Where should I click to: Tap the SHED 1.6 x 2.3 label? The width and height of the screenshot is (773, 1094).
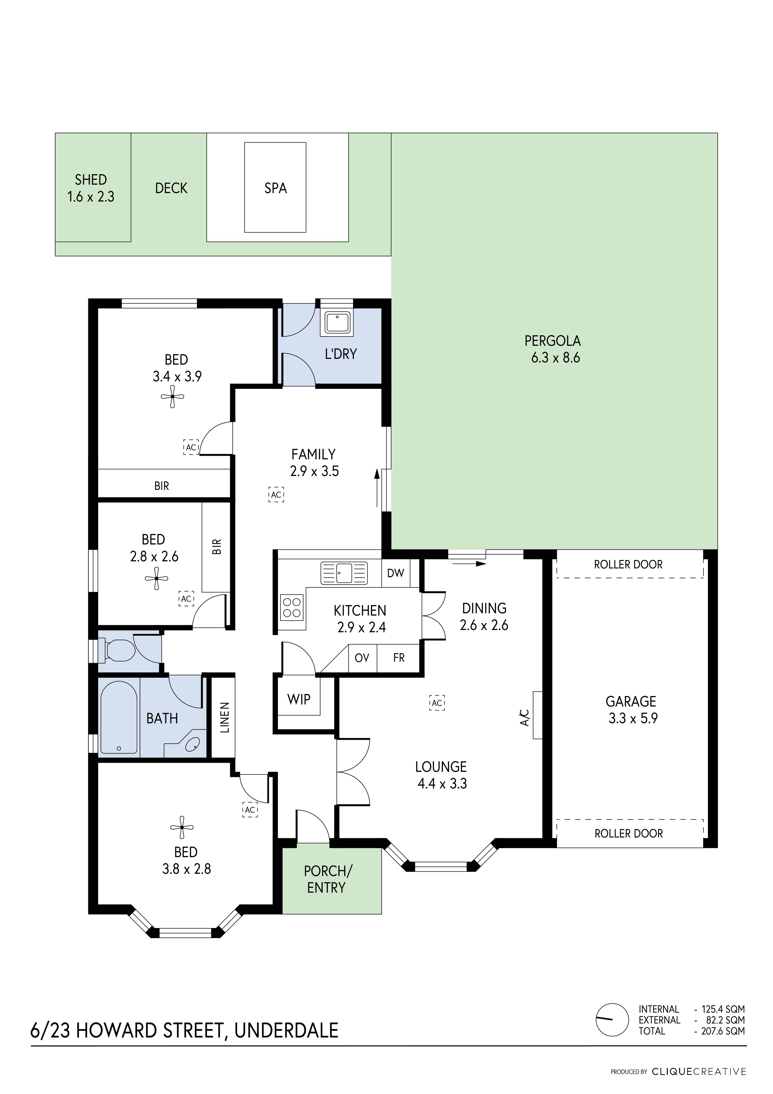[91, 188]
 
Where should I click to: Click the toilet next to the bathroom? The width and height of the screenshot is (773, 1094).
[117, 650]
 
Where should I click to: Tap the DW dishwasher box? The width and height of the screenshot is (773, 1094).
[396, 573]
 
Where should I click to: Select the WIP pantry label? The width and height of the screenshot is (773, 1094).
[299, 699]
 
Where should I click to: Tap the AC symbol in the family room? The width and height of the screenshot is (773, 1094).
[276, 495]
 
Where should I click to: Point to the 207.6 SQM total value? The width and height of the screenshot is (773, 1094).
[723, 1031]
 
